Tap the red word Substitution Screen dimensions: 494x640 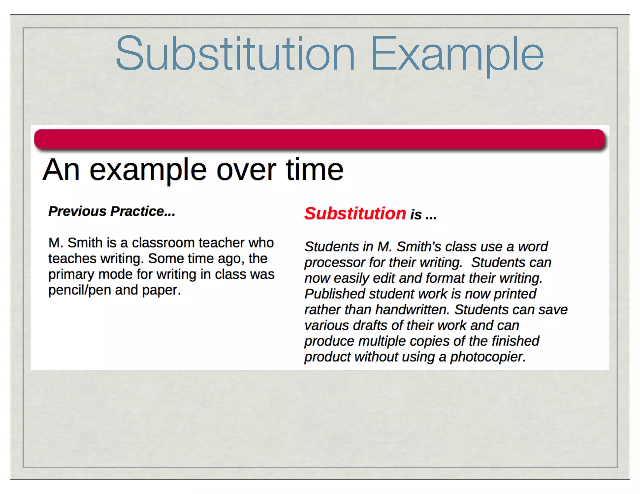tap(355, 214)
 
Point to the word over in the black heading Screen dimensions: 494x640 tap(246, 170)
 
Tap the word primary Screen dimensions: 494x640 tap(71, 275)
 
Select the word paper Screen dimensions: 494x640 tap(161, 290)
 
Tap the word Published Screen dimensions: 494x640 tap(335, 294)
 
